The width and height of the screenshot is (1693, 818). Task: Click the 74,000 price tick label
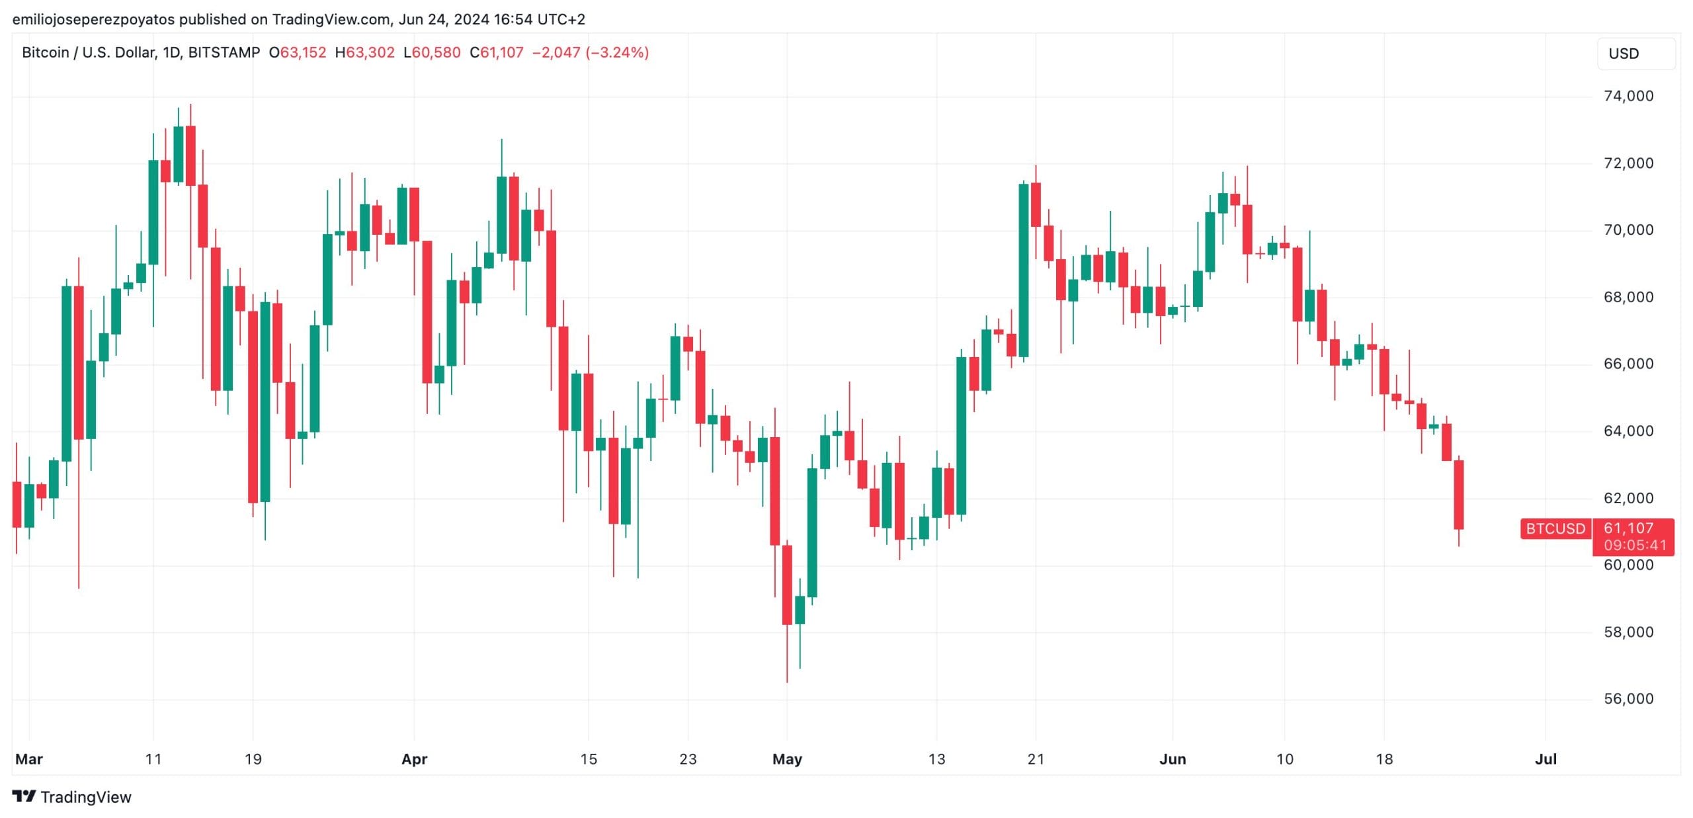click(x=1628, y=97)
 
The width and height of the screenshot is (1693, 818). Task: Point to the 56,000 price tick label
click(x=1628, y=699)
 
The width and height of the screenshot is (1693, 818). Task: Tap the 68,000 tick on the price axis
click(x=1628, y=297)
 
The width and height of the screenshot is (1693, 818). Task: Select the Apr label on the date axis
click(x=414, y=759)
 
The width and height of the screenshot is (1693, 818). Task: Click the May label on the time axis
click(x=787, y=759)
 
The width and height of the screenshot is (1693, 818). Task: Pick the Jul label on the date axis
click(x=1546, y=759)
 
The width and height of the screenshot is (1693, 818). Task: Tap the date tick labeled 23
click(x=688, y=759)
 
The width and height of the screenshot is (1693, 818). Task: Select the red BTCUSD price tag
click(x=1555, y=529)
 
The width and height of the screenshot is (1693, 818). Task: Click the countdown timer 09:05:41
click(x=1635, y=546)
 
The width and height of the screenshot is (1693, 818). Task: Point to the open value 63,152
click(x=303, y=52)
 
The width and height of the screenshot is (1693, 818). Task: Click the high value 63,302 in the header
click(x=370, y=52)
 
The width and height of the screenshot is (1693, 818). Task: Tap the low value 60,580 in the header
click(x=436, y=52)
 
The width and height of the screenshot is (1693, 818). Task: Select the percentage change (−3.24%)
click(x=617, y=52)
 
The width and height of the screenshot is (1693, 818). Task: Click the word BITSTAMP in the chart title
click(x=224, y=52)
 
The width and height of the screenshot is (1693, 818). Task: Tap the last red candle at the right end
click(x=1458, y=495)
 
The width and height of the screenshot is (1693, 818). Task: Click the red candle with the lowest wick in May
click(x=787, y=585)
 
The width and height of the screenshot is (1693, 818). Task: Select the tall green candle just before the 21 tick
click(x=1023, y=270)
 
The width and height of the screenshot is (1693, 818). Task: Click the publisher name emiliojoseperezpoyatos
click(x=93, y=19)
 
